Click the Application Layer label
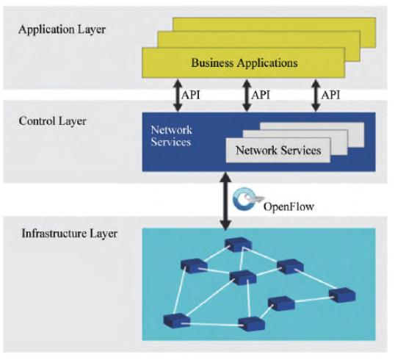62,29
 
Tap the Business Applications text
244,62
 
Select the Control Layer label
52,121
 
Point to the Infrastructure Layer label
70,234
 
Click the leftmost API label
191,96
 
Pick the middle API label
261,96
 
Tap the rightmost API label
330,96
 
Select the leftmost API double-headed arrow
178,96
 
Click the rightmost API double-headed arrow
316,96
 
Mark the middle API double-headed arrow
247,96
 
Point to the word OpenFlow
289,206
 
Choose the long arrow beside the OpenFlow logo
225,201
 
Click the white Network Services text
171,136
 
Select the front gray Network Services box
278,151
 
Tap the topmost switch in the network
238,244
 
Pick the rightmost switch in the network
342,295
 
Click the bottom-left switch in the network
177,320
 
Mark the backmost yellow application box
274,24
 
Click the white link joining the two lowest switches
214,325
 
